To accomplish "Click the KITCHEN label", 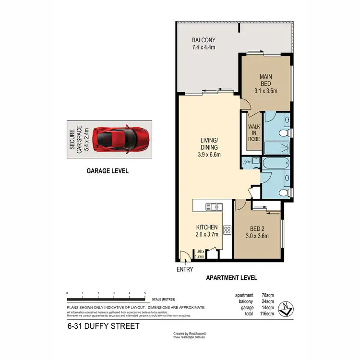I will [x=207, y=228].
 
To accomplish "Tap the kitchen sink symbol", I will [x=214, y=207].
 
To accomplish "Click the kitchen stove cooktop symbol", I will [x=228, y=230].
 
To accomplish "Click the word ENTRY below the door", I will [x=184, y=269].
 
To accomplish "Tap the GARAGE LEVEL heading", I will [x=107, y=170].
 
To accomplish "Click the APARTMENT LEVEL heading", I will [x=231, y=277].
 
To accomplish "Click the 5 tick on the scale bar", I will [x=145, y=293].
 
